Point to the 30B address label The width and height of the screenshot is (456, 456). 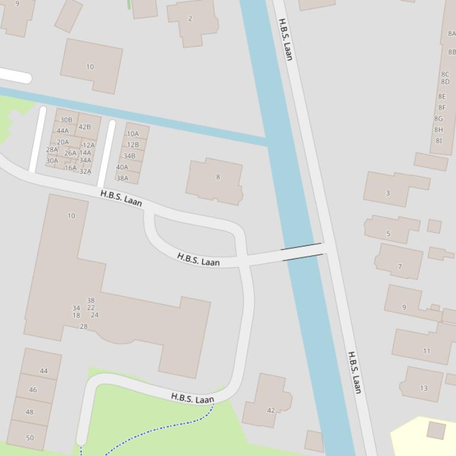pos(66,120)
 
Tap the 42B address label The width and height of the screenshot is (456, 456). pos(85,127)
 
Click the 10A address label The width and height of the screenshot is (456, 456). pos(133,134)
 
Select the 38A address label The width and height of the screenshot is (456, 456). pos(122,178)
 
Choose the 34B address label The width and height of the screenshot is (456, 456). pos(129,156)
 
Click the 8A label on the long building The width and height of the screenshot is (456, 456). pos(451,34)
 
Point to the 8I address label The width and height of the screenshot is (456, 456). pos(438,140)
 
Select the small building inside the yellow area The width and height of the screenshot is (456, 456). pos(436,431)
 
